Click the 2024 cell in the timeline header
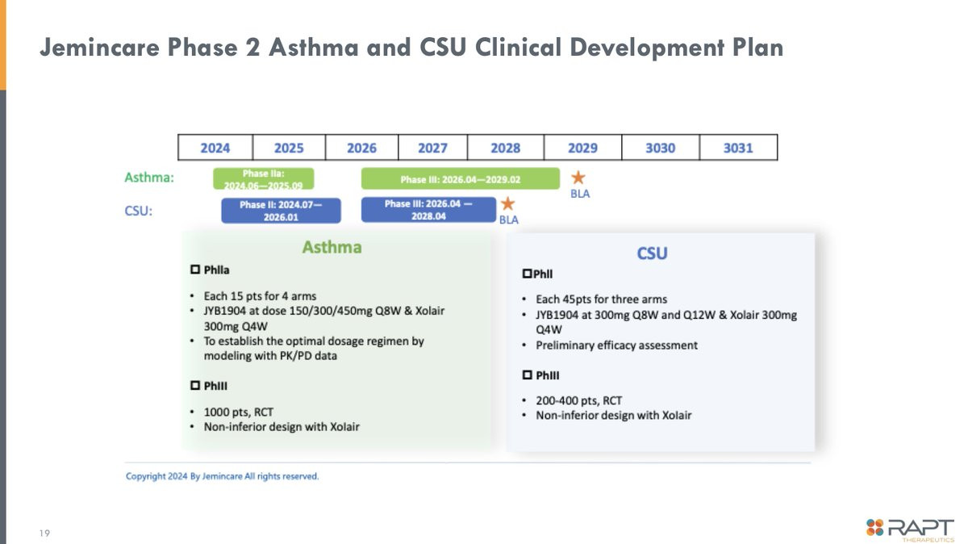[x=215, y=148]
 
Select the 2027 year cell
[x=432, y=148]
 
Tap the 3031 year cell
[x=738, y=148]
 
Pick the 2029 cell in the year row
[x=582, y=148]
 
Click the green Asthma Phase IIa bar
[x=264, y=178]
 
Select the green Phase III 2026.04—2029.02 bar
[x=461, y=178]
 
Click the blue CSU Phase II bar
[x=281, y=211]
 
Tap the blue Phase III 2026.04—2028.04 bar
[x=428, y=210]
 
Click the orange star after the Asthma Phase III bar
[x=578, y=178]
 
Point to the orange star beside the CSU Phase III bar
[x=507, y=203]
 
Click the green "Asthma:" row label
[x=149, y=178]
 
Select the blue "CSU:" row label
[x=138, y=211]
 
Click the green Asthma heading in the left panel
[x=332, y=247]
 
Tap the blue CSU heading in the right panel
[x=652, y=253]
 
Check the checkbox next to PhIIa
[x=195, y=270]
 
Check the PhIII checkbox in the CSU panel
[x=528, y=375]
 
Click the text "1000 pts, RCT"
[x=239, y=412]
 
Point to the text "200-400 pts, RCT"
[x=579, y=401]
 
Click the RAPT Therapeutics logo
[x=910, y=529]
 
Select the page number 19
[x=44, y=534]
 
